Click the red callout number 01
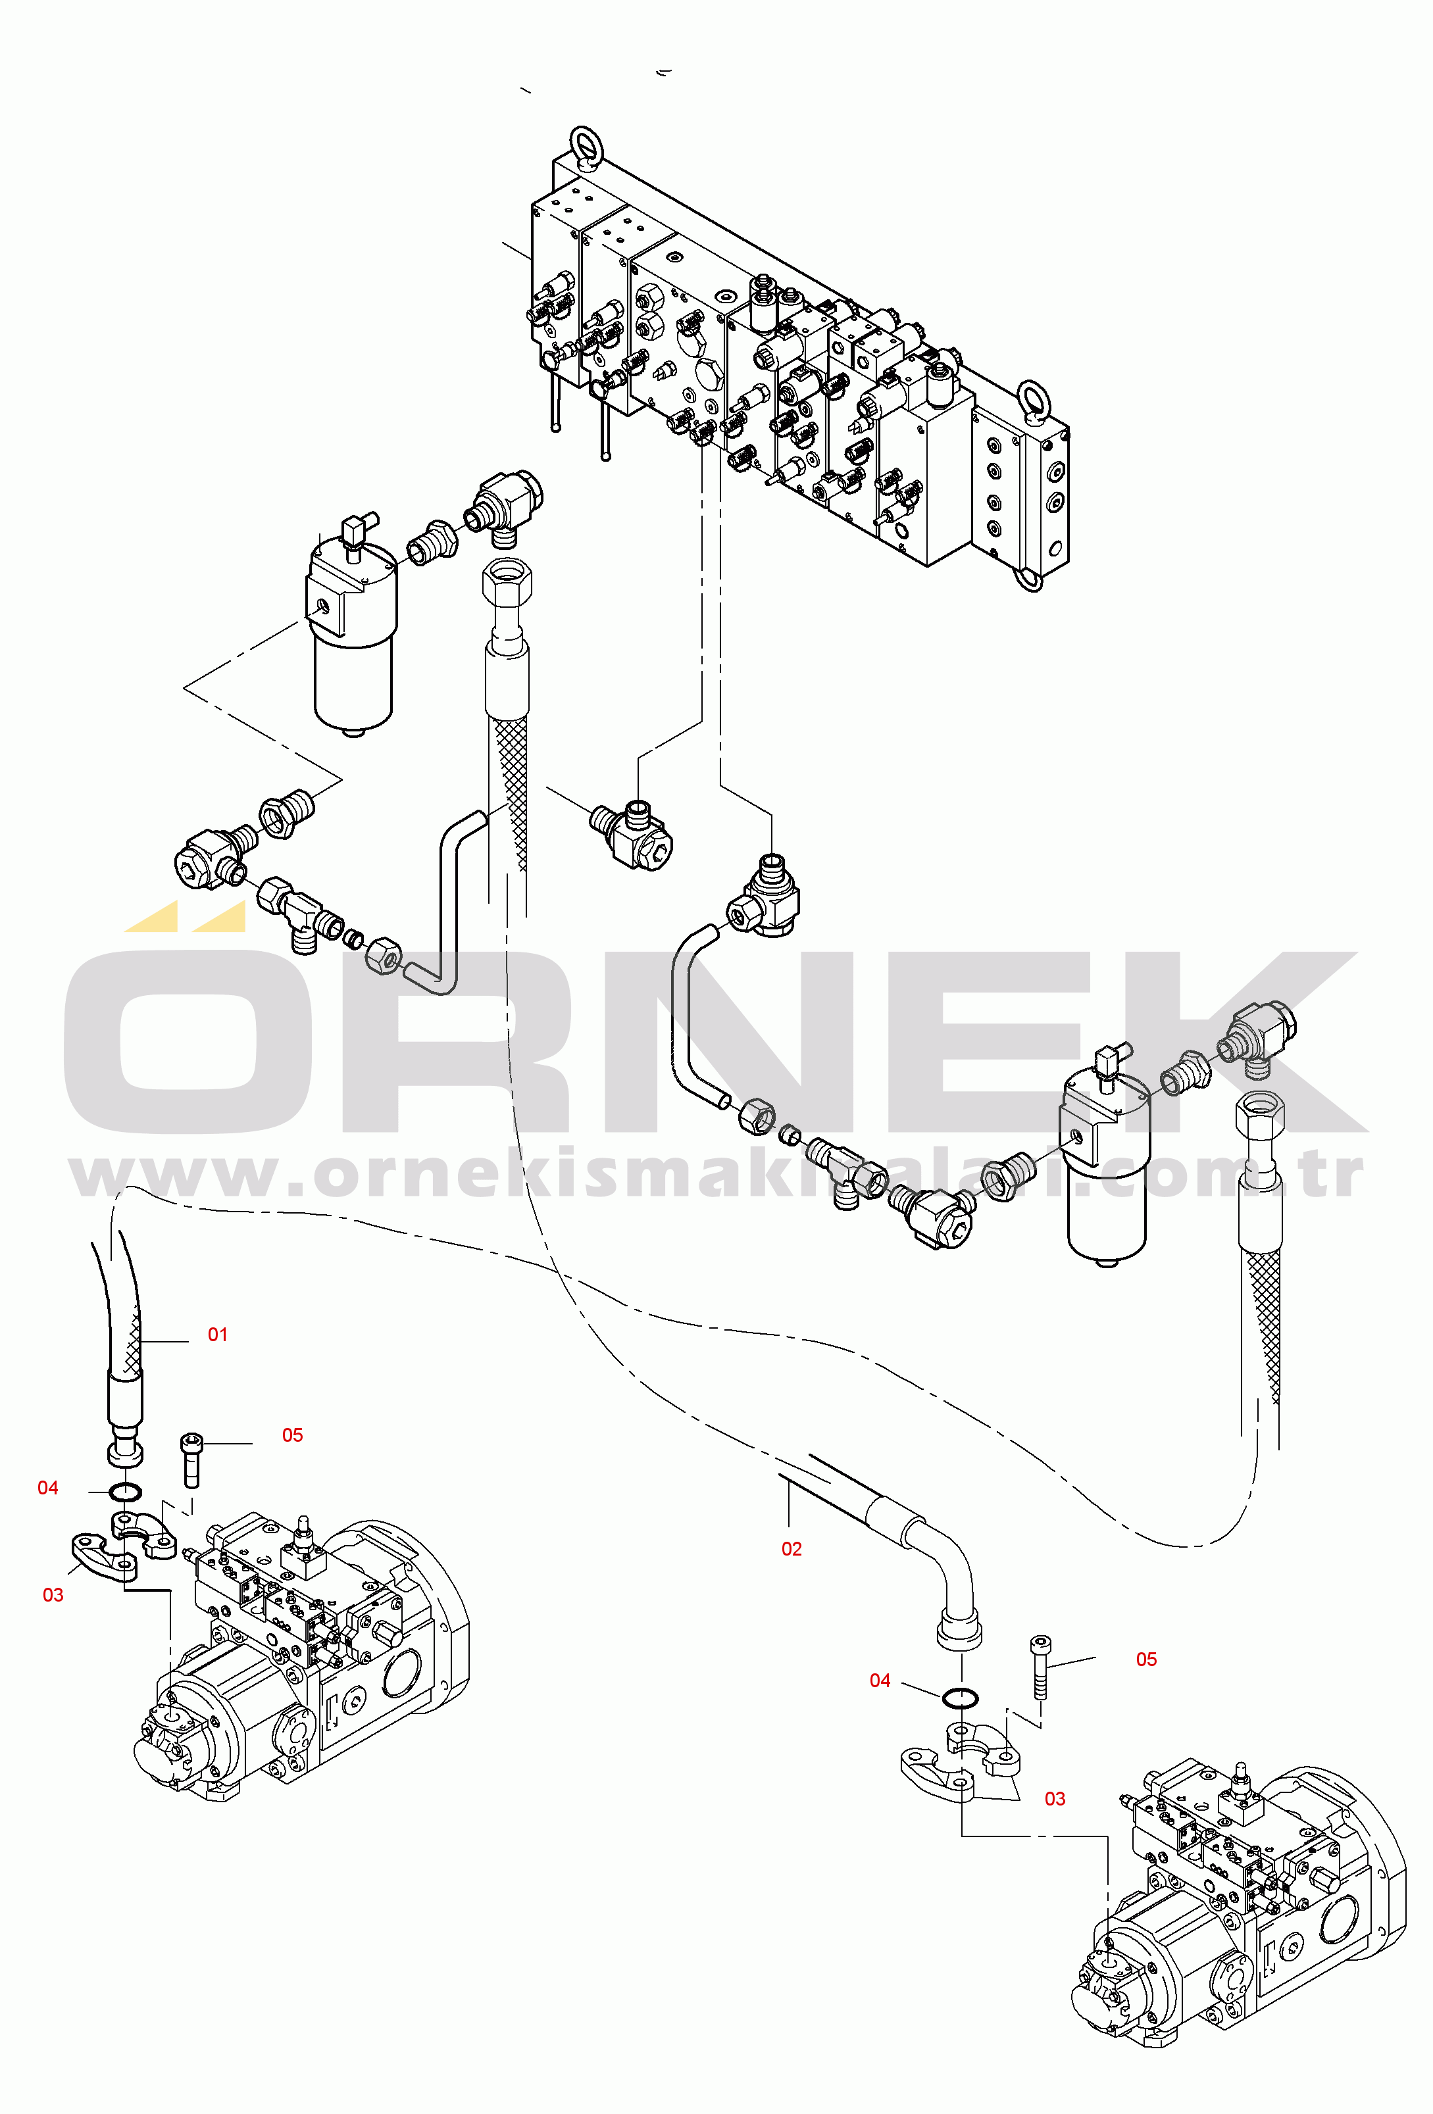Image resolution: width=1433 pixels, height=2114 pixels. click(218, 1335)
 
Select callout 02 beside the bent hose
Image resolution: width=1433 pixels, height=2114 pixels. click(792, 1549)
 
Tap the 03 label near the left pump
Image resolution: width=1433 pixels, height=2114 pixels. click(53, 1594)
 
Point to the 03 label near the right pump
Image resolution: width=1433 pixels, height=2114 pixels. click(1055, 1798)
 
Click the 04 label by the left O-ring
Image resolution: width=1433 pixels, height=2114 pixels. click(47, 1487)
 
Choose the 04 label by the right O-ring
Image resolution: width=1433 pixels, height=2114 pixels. click(880, 1680)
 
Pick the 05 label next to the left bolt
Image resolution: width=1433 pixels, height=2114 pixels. click(292, 1435)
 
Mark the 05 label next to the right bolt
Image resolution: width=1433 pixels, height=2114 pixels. click(1146, 1659)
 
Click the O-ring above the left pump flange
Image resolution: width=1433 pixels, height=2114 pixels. click(124, 1492)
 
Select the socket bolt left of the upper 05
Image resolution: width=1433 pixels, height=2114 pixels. click(191, 1459)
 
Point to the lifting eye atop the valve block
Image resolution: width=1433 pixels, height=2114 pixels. click(582, 148)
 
